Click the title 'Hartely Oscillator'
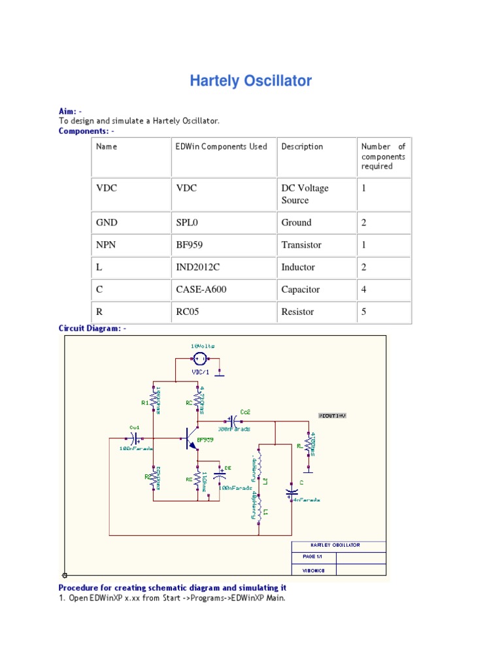point(250,81)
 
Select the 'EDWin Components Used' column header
point(222,146)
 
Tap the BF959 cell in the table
point(189,245)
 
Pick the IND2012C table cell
point(196,267)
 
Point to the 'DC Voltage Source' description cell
point(305,194)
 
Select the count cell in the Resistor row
point(364,312)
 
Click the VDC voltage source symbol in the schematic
point(201,358)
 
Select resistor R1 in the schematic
point(154,399)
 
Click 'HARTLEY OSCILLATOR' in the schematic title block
point(335,545)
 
